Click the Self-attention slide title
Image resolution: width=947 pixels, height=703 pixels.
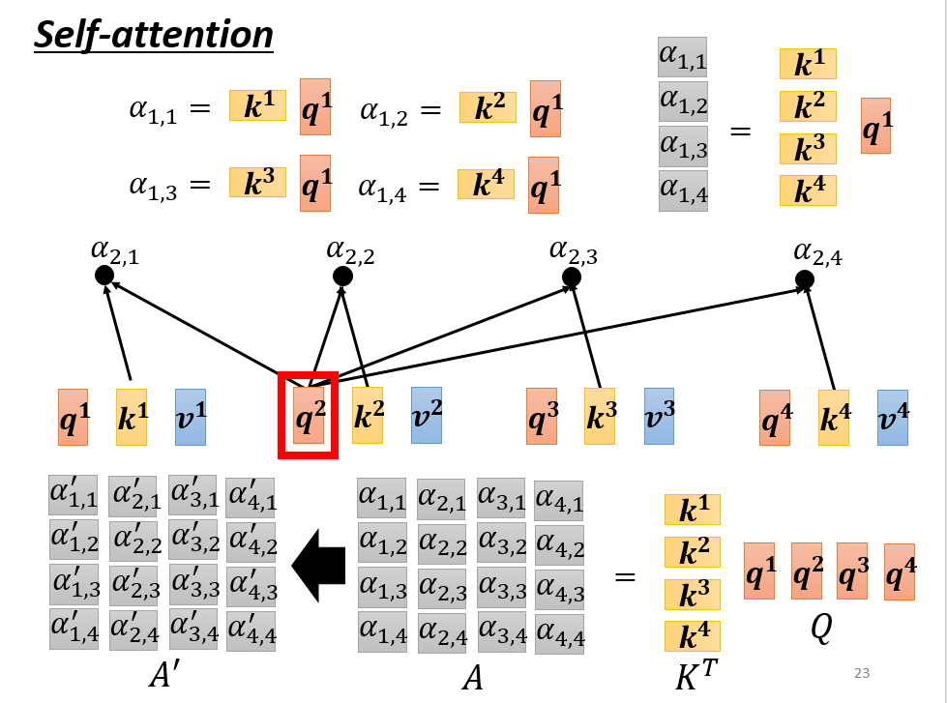[x=154, y=35]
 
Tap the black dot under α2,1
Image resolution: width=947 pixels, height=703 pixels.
[x=104, y=276]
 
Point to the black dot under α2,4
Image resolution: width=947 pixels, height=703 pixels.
[x=804, y=280]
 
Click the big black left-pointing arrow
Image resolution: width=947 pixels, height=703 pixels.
[x=319, y=566]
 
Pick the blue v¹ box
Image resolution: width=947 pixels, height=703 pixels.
[x=191, y=417]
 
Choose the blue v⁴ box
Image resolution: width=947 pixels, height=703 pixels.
[x=893, y=418]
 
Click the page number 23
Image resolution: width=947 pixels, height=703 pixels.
[x=863, y=673]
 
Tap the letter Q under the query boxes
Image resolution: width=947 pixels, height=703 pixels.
[x=821, y=629]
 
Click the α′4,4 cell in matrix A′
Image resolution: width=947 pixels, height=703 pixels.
[x=251, y=630]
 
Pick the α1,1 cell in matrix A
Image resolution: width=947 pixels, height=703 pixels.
[x=381, y=499]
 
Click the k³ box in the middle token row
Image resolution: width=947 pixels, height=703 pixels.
[x=601, y=417]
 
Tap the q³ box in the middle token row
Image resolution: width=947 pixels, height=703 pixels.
[x=543, y=417]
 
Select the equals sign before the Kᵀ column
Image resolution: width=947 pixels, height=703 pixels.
[x=626, y=577]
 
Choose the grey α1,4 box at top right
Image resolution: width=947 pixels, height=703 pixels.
[x=683, y=190]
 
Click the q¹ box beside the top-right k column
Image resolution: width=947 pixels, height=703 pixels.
[x=875, y=126]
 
